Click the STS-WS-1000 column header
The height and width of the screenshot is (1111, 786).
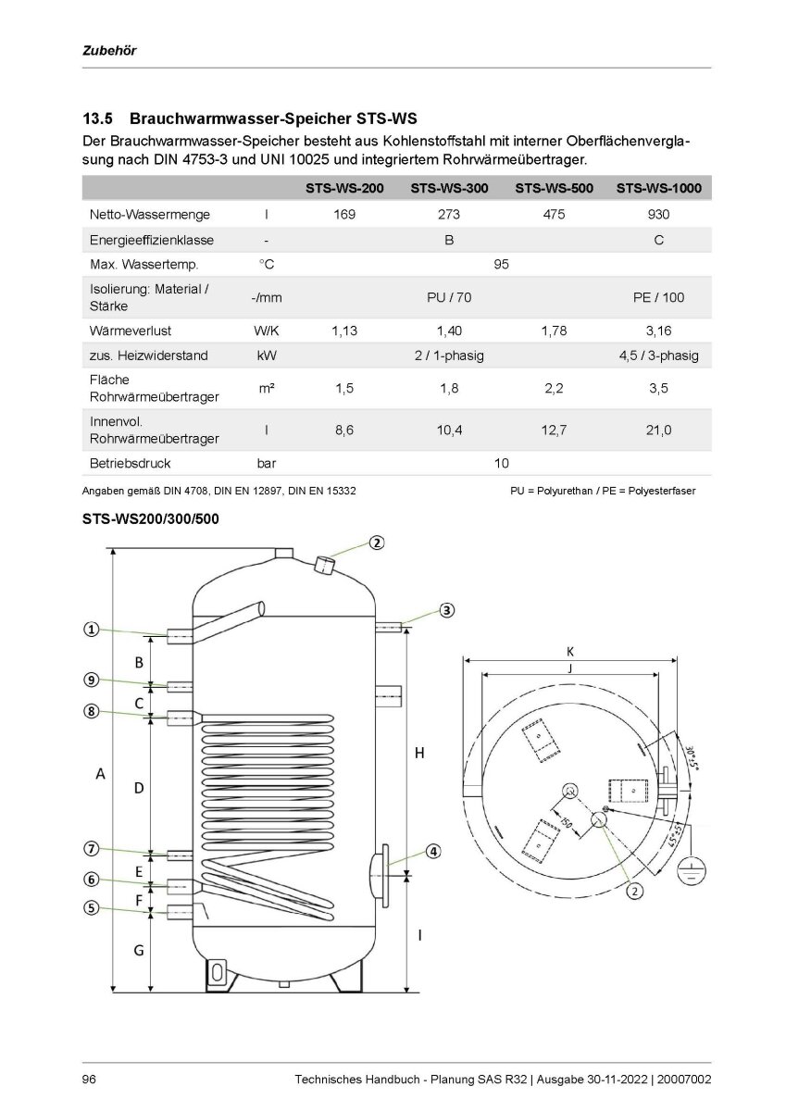pos(658,188)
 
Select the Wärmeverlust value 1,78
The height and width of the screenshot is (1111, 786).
pos(554,330)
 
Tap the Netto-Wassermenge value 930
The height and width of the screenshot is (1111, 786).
pos(658,214)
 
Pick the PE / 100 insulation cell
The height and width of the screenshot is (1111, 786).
pos(658,297)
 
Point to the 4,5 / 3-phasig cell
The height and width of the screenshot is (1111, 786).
pos(658,356)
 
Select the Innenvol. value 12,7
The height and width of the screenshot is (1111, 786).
pos(554,429)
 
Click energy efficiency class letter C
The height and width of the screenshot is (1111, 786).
pos(658,240)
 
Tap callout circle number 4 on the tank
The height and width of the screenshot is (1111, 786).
pos(432,852)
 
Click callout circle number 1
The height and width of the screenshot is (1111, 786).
pos(91,629)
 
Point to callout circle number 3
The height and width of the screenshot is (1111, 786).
pos(446,609)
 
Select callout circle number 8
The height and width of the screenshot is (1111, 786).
pos(91,712)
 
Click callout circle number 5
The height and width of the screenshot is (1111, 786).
pos(91,908)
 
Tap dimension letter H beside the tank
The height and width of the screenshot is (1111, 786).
pos(418,755)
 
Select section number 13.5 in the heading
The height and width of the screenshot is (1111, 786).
pos(97,119)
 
